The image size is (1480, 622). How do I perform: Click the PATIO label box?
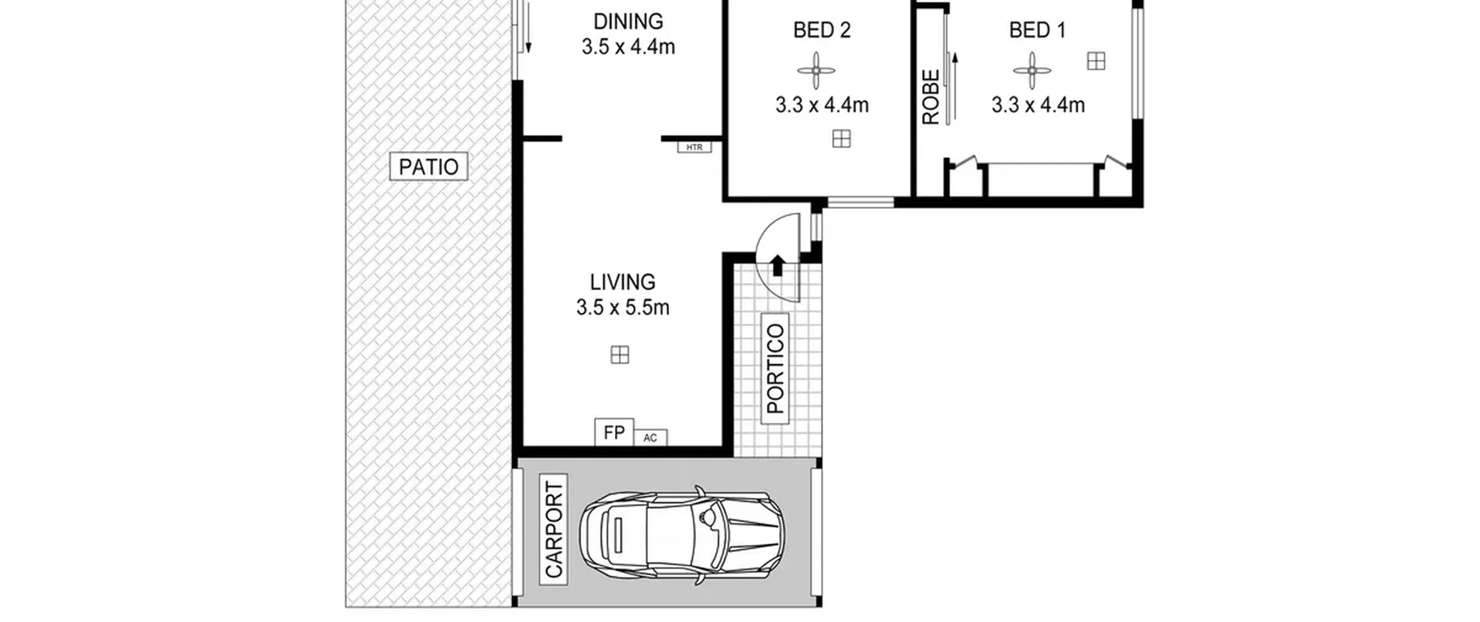(x=428, y=167)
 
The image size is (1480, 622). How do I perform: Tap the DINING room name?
(x=628, y=21)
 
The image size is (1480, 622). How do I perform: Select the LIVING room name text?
(x=623, y=282)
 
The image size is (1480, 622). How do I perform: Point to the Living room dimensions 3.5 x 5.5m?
(x=623, y=307)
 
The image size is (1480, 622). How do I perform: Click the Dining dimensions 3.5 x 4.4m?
(x=628, y=47)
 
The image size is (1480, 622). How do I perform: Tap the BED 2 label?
(x=822, y=30)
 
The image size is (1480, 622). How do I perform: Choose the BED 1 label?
(x=1037, y=30)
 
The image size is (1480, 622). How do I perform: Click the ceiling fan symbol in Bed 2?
(x=816, y=71)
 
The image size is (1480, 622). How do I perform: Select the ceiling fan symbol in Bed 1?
(x=1032, y=71)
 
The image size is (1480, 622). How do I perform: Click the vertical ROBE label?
(x=931, y=97)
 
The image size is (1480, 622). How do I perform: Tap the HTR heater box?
(x=694, y=147)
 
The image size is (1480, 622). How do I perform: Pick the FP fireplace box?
(x=614, y=432)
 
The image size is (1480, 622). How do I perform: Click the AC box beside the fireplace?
(x=650, y=437)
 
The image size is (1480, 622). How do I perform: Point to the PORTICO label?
(x=775, y=369)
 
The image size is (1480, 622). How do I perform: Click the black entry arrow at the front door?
(x=778, y=265)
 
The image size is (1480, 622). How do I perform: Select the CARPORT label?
(x=553, y=529)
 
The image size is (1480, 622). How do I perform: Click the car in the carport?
(x=682, y=535)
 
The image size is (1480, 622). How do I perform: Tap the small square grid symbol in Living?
(x=620, y=355)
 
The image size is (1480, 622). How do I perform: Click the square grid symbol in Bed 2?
(x=841, y=139)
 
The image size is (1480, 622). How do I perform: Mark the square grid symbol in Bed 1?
(x=1096, y=61)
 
